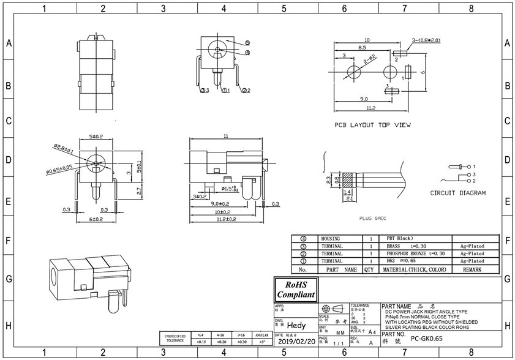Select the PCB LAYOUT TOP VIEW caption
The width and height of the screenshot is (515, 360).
(x=372, y=125)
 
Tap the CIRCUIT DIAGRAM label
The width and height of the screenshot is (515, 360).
(x=458, y=193)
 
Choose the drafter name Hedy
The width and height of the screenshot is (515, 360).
(x=296, y=326)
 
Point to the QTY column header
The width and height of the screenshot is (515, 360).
(x=369, y=269)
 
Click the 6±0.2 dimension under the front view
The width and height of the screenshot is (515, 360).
(x=95, y=219)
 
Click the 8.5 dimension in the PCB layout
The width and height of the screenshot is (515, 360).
(x=363, y=47)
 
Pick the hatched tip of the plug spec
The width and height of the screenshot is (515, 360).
(x=348, y=181)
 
